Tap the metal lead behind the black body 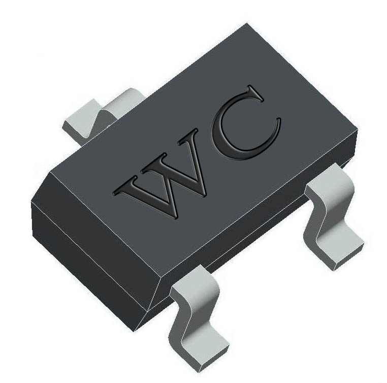point(96,114)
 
